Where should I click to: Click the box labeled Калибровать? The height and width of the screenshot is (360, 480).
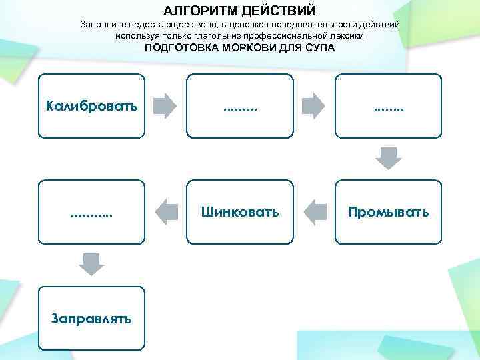(x=91, y=105)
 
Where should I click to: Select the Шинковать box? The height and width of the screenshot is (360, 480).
(x=240, y=212)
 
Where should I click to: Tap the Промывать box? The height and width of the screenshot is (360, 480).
(x=388, y=212)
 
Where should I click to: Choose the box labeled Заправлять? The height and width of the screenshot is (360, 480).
(x=91, y=318)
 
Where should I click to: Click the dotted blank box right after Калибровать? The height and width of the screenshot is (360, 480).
(x=240, y=105)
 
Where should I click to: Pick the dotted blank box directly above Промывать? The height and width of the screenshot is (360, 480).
(x=388, y=105)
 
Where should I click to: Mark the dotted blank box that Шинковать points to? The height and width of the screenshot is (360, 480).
(x=91, y=212)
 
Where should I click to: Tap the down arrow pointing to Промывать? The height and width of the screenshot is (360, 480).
(x=388, y=158)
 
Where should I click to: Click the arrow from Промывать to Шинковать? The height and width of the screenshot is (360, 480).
(x=313, y=212)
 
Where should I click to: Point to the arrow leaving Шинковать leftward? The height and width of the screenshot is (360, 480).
(x=165, y=212)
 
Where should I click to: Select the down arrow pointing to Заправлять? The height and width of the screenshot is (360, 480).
(x=91, y=264)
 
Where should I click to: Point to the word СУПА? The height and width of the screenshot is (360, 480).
(x=319, y=49)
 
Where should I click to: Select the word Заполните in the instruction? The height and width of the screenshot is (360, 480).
(x=101, y=24)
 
